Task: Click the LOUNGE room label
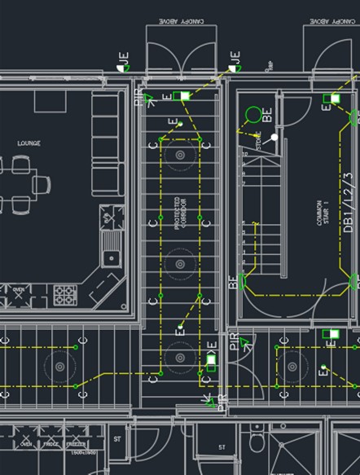click(x=29, y=143)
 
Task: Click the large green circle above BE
click(x=254, y=115)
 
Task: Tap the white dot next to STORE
click(x=274, y=137)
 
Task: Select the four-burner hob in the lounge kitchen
click(x=65, y=293)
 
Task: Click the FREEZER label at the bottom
click(x=77, y=445)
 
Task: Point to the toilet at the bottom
click(x=257, y=441)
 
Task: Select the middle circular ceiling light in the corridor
click(x=179, y=263)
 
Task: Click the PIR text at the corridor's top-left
click(x=138, y=99)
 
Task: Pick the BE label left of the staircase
click(x=234, y=284)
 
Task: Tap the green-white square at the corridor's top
click(x=185, y=96)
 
